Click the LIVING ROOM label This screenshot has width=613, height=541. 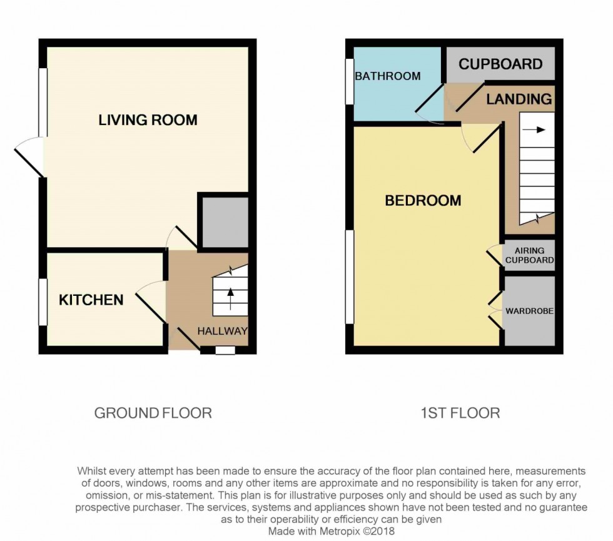148,120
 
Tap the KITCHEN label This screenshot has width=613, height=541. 91,300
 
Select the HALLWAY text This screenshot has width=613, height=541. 223,331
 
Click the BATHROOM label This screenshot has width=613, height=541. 387,76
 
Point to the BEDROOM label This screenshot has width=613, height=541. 423,201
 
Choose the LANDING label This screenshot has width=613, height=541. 519,99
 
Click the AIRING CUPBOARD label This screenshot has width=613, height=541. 529,256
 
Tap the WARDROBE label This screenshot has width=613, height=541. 529,311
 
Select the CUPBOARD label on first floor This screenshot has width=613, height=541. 500,64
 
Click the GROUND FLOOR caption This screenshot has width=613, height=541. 153,413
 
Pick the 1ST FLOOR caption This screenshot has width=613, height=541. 461,413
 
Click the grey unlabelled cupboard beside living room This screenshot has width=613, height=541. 223,222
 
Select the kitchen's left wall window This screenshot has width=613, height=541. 43,302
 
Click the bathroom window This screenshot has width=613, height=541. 350,81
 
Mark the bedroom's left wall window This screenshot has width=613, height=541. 350,276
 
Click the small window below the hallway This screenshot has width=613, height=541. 225,350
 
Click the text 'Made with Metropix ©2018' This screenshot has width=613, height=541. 331,531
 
